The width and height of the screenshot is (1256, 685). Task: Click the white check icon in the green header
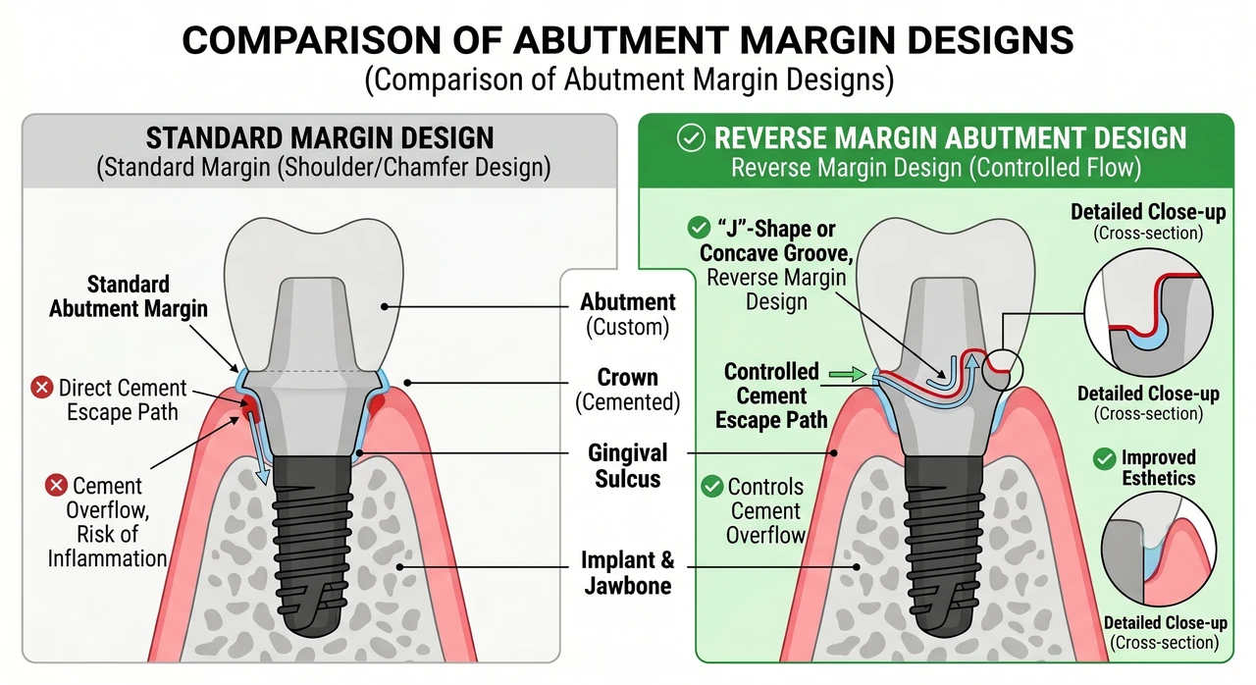tap(691, 138)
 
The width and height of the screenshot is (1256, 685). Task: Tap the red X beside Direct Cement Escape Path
tap(41, 388)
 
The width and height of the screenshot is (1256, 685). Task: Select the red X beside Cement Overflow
tap(56, 485)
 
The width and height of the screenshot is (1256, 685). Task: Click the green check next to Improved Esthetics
tap(1104, 458)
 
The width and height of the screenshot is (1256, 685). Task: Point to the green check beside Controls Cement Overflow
tap(712, 486)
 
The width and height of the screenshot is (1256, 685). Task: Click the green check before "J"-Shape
tap(699, 228)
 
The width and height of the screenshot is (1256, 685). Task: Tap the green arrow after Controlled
tap(848, 373)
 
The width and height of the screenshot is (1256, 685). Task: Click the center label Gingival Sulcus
tap(627, 466)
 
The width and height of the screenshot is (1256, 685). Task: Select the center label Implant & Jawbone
tap(627, 572)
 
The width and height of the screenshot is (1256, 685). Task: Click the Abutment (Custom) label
tap(627, 314)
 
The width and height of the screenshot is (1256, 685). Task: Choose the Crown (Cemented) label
tap(627, 390)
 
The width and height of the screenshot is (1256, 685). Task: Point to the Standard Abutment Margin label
tap(129, 296)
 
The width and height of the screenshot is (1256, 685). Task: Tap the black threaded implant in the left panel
tap(312, 544)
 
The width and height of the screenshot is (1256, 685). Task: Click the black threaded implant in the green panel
tap(944, 544)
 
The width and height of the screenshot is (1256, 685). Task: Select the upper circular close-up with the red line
tap(1149, 312)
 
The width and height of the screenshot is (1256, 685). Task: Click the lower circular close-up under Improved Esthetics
tap(1159, 550)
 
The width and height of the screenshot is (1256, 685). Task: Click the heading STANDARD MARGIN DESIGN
tap(320, 138)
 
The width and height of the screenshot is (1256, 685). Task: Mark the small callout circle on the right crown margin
tap(1003, 370)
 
